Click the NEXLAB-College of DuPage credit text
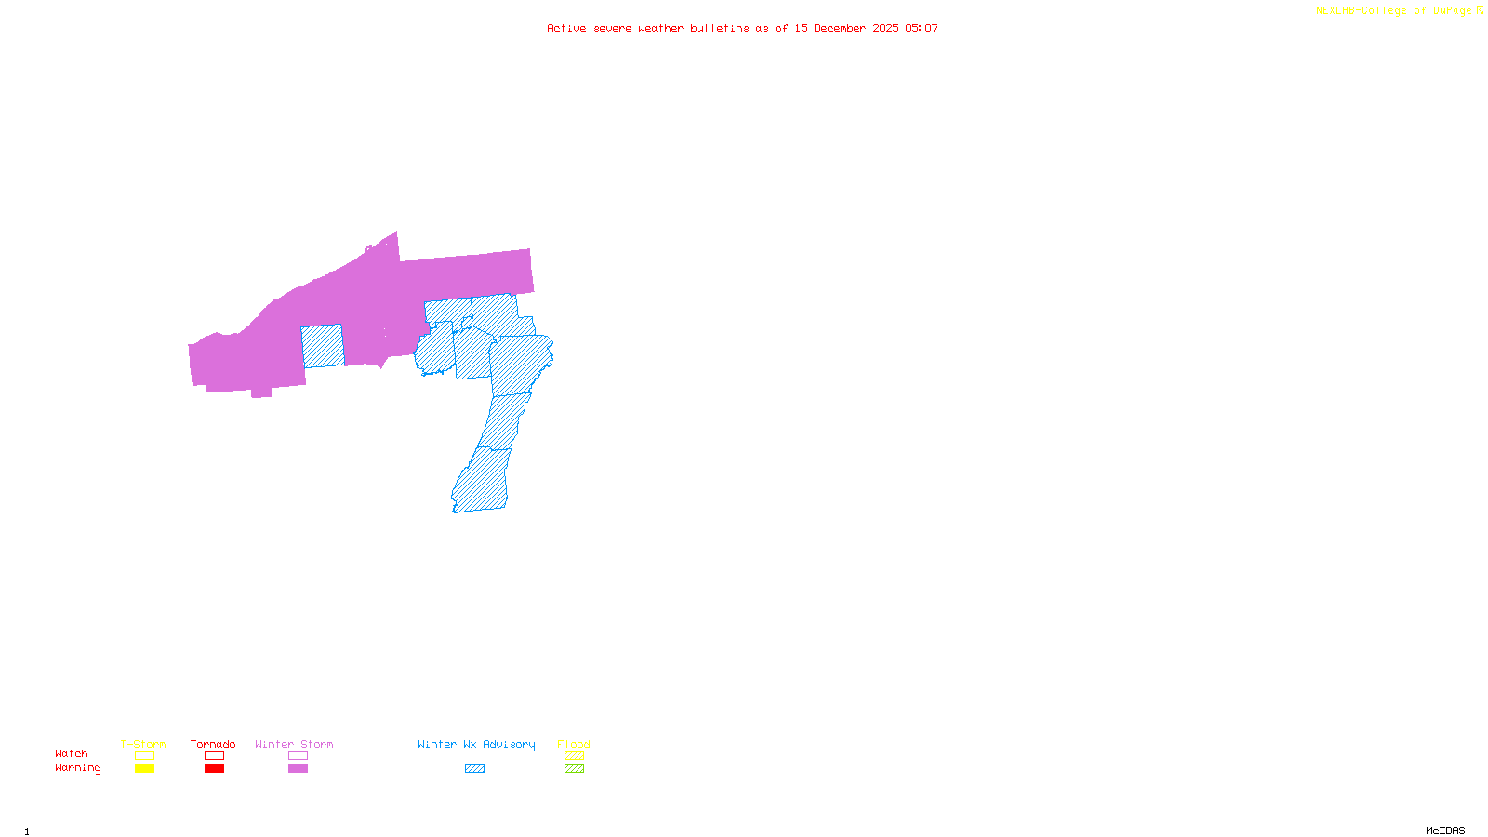1399,11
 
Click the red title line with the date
742,28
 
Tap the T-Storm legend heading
143,744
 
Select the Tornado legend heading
213,744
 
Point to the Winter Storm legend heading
294,744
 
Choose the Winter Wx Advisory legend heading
476,744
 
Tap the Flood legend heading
574,744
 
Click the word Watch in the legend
72,753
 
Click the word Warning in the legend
77,768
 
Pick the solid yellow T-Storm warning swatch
144,769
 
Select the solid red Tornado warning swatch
214,769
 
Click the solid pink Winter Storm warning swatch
298,769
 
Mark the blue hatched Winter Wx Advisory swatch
474,769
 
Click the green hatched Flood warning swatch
574,769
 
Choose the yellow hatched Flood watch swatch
574,756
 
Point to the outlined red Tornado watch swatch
214,756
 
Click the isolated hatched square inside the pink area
322,345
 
